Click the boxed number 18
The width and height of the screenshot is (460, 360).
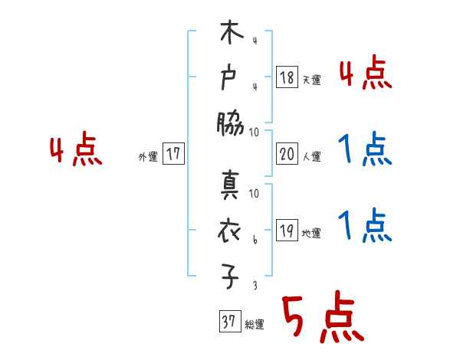point(287,77)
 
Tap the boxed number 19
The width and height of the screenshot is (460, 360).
point(287,232)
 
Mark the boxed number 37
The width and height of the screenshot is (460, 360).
point(228,322)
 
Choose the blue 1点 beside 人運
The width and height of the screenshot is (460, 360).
point(366,149)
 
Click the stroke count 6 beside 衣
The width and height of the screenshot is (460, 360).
point(255,241)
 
